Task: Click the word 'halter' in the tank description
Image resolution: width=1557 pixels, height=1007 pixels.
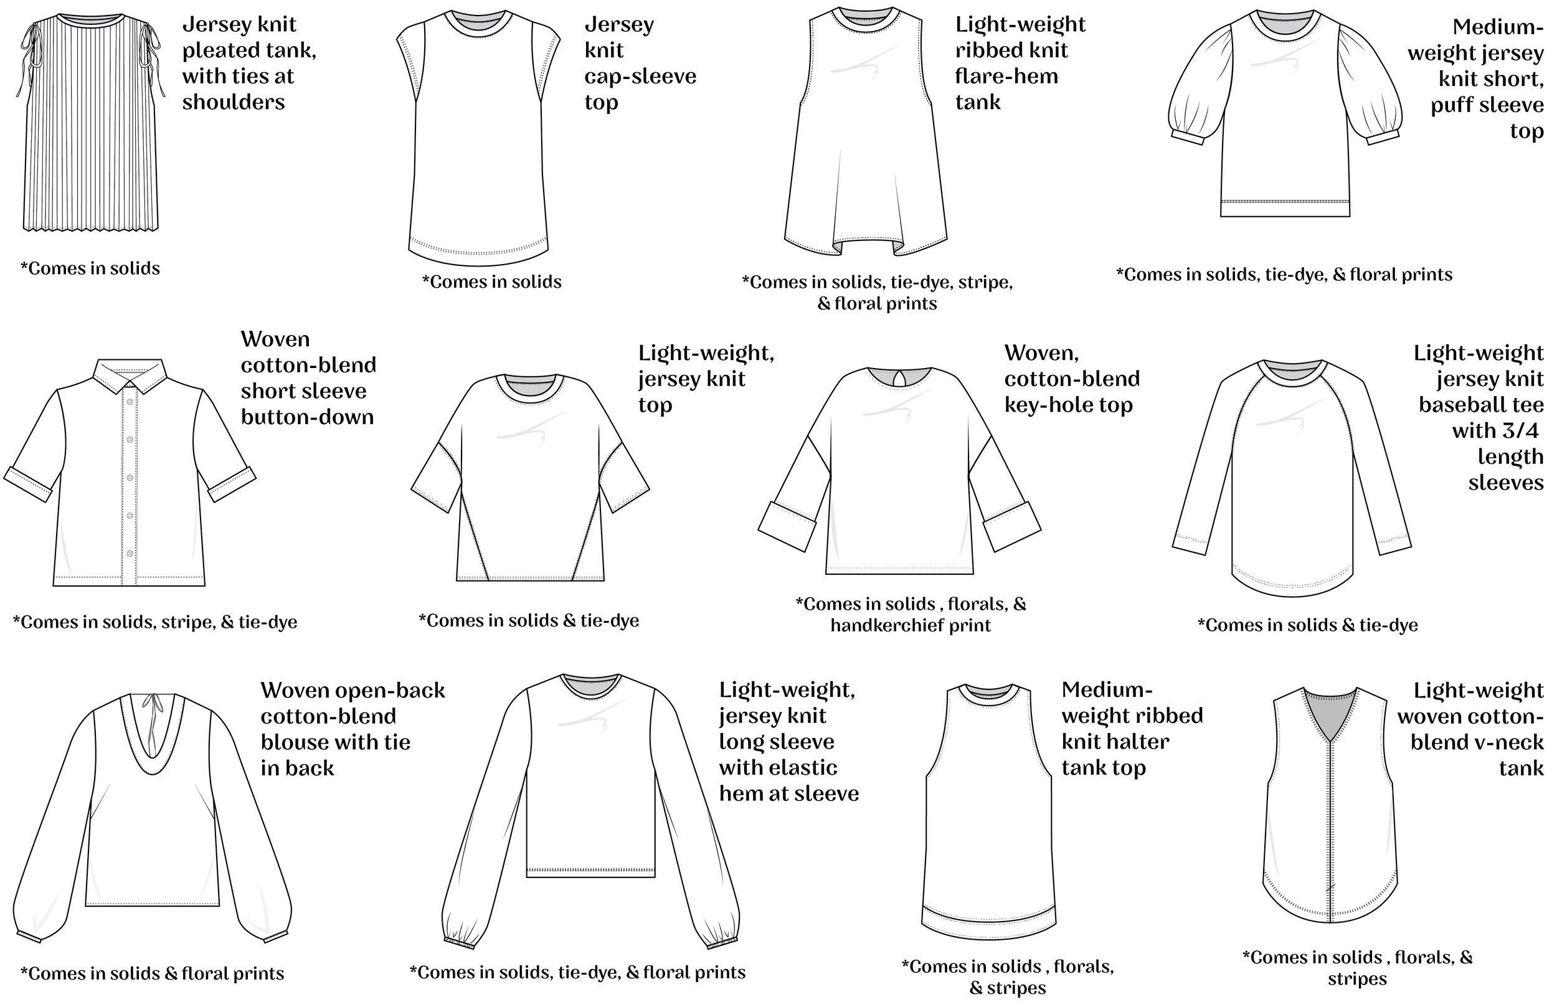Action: click(1140, 742)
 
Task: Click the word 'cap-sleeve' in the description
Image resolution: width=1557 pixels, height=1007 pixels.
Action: click(640, 77)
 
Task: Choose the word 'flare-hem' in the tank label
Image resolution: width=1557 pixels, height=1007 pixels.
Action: click(1006, 77)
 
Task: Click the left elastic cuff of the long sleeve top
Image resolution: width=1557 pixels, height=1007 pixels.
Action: click(459, 943)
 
